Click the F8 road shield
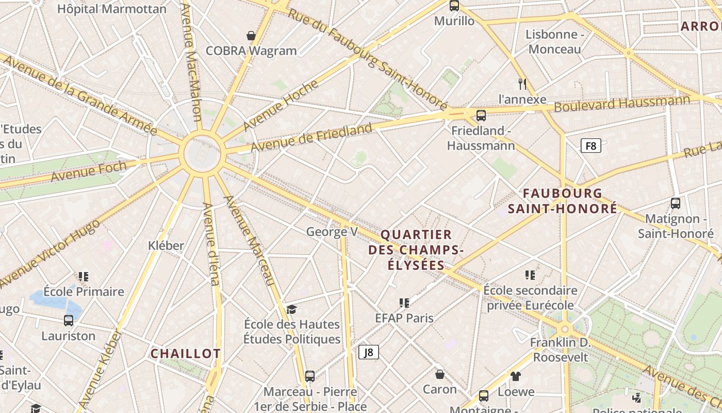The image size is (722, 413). (x=591, y=146)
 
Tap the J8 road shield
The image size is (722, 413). (x=369, y=352)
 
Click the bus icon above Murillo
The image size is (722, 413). (x=454, y=6)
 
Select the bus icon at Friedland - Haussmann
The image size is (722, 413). (x=481, y=115)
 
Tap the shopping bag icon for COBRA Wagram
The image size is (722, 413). (x=251, y=36)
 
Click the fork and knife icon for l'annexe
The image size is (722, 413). (x=522, y=84)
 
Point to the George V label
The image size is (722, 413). (x=332, y=232)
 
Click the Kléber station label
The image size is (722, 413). (x=166, y=245)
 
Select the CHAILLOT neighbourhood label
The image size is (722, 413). (x=186, y=354)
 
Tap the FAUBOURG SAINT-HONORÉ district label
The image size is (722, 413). (x=563, y=201)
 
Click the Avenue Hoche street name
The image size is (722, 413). (x=281, y=105)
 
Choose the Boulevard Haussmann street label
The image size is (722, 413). (x=622, y=104)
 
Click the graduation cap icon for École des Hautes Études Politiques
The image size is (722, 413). (x=292, y=309)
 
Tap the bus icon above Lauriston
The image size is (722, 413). (x=69, y=321)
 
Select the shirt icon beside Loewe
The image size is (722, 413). (x=516, y=376)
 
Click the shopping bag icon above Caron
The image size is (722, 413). (x=440, y=374)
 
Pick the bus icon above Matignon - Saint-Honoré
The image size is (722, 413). (x=676, y=203)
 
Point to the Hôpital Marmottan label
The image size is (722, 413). (x=112, y=9)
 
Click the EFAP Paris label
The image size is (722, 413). (x=404, y=317)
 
